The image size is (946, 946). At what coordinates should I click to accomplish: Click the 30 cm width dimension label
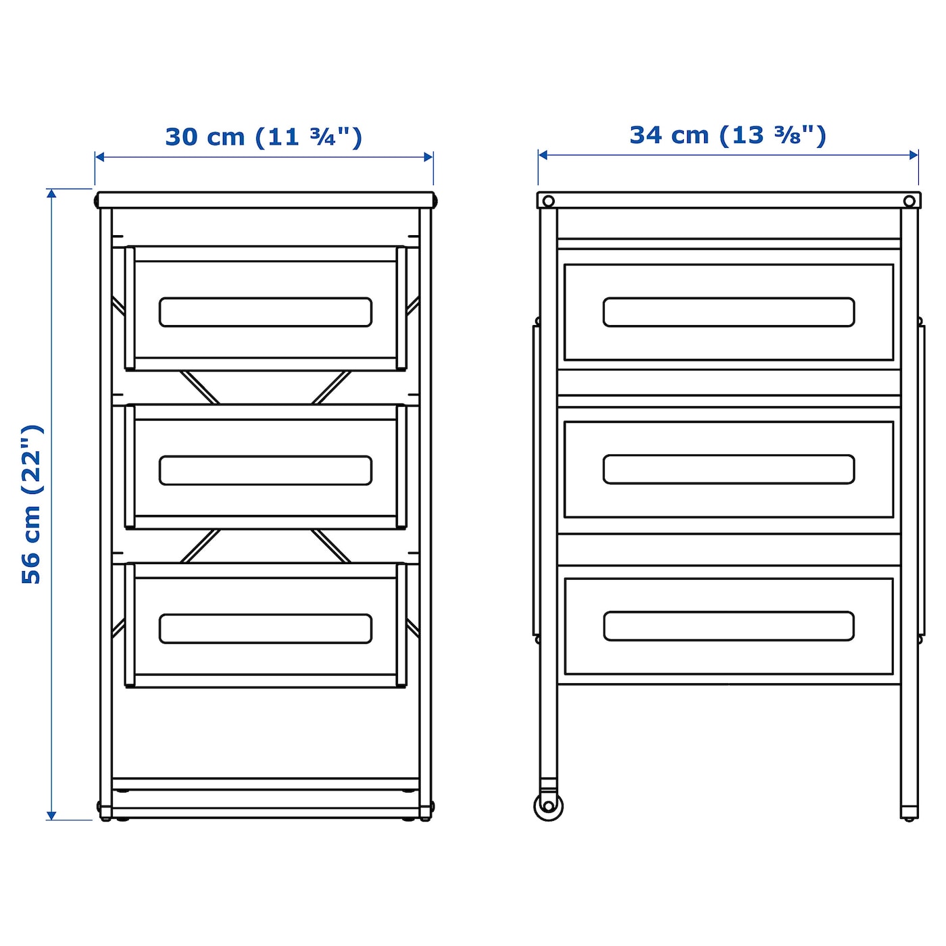tap(264, 137)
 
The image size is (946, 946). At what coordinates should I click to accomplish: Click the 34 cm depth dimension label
tap(728, 135)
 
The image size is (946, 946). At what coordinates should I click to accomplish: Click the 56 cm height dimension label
tap(32, 504)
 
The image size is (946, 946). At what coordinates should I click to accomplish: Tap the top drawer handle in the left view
tap(266, 312)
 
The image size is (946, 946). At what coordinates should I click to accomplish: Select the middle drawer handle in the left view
tap(266, 470)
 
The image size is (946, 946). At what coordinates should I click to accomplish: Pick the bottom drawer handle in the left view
tap(266, 628)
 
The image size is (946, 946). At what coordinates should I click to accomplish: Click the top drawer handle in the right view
tap(728, 312)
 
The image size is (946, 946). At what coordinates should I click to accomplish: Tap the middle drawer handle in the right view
tap(728, 470)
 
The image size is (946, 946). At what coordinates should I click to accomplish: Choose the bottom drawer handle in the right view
tap(728, 626)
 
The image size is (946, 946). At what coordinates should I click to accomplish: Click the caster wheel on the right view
tap(548, 805)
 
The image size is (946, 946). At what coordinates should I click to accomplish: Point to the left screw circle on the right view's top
tap(549, 201)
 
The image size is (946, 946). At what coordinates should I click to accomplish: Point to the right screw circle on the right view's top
tap(909, 201)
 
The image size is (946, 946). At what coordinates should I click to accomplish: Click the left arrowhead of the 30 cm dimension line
tap(99, 157)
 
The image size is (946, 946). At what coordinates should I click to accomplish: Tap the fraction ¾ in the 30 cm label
tap(323, 137)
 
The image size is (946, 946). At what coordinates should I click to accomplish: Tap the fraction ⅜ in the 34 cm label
tap(788, 135)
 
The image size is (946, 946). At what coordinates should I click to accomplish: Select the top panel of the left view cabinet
tap(265, 200)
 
